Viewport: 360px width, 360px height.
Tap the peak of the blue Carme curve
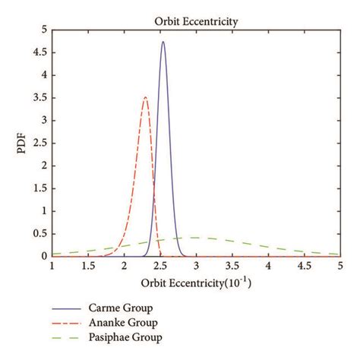(x=163, y=42)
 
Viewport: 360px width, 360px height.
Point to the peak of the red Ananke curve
(x=145, y=97)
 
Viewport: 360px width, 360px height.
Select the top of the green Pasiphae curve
(x=196, y=238)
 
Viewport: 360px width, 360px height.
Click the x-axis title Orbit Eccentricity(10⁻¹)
(x=195, y=283)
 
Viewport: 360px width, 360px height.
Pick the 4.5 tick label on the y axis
(x=42, y=52)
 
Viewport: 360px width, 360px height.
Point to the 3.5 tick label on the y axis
(x=42, y=98)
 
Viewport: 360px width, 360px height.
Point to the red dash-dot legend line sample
(x=68, y=323)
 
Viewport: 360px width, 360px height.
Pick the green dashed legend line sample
(x=68, y=336)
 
